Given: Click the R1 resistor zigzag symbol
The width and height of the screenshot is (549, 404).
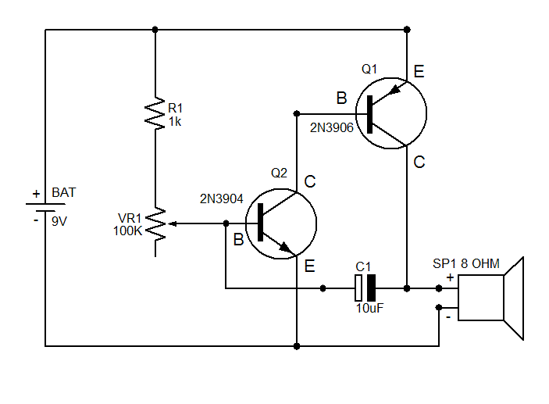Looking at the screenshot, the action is (155, 113).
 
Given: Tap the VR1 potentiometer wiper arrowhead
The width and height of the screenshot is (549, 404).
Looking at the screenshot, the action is (173, 223).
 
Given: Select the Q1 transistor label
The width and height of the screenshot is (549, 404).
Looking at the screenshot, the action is (369, 69).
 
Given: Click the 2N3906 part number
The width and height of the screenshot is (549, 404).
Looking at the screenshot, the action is (332, 128).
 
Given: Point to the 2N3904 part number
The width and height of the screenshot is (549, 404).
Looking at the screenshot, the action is (221, 199).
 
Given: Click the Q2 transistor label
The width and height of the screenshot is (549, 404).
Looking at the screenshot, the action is (279, 173).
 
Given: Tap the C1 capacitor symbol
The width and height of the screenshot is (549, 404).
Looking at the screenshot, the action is (365, 288).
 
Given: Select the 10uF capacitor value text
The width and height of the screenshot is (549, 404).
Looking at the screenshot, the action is (369, 309).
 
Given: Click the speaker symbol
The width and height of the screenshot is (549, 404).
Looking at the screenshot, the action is (491, 299).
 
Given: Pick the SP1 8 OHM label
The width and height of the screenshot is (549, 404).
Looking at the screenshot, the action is (466, 263).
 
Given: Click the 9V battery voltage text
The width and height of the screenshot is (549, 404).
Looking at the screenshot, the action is (59, 221).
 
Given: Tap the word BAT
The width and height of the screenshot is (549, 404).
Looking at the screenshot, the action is (64, 192).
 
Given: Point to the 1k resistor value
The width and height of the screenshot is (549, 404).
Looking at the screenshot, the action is (175, 122).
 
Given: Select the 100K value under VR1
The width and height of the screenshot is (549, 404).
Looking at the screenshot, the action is (127, 231).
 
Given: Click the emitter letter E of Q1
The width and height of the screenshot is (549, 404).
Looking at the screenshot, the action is (419, 71).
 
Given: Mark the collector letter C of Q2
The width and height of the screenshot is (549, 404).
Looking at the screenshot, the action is (310, 181).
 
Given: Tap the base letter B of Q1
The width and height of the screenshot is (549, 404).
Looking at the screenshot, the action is (342, 98).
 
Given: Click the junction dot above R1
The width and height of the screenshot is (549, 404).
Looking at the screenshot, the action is (155, 30).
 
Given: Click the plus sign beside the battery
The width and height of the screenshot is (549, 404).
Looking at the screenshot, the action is (37, 194).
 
